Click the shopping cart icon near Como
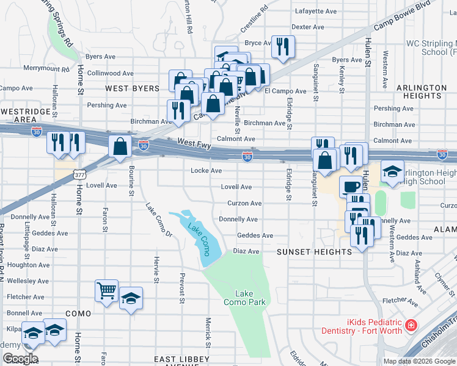pyautogui.click(x=106, y=290)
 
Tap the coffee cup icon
pyautogui.click(x=351, y=186)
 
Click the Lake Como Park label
pyautogui.click(x=244, y=298)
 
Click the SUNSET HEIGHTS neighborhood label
pyautogui.click(x=307, y=251)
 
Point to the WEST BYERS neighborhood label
pyautogui.click(x=132, y=88)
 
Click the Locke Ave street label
pyautogui.click(x=206, y=171)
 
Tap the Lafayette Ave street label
pyautogui.click(x=316, y=11)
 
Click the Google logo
pyautogui.click(x=20, y=359)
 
